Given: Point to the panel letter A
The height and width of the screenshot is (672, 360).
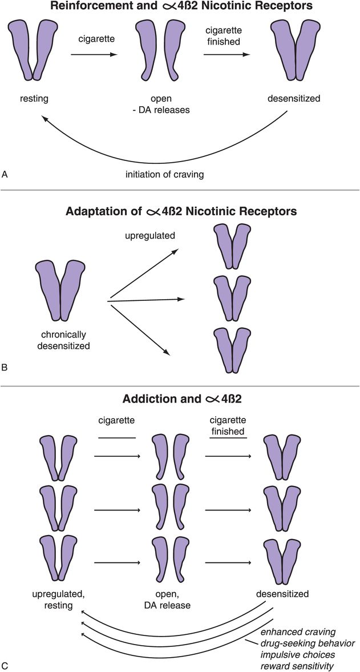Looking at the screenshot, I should point(6,175).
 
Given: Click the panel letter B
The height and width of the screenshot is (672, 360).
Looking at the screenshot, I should point(6,367).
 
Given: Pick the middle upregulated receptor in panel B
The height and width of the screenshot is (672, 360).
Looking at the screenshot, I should point(232,298).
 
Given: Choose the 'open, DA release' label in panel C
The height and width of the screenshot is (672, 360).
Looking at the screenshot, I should point(167,599).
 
